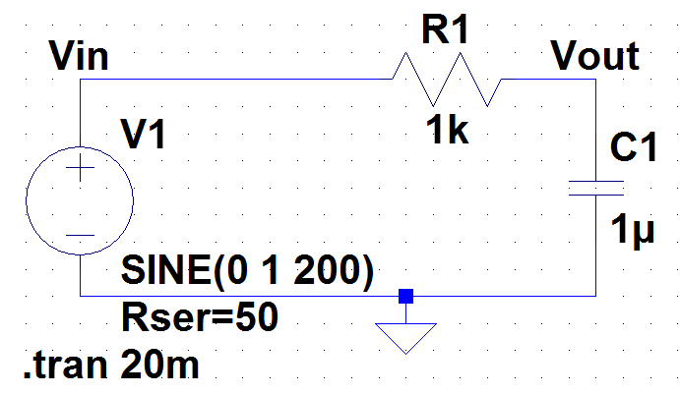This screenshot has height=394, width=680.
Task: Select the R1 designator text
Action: click(x=446, y=30)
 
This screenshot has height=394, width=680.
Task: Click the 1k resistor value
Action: click(x=447, y=129)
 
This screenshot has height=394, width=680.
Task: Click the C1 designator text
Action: click(x=633, y=149)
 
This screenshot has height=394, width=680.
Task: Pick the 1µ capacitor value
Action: click(x=632, y=233)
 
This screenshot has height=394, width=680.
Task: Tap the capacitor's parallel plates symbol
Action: click(x=596, y=188)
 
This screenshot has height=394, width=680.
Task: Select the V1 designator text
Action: click(x=144, y=135)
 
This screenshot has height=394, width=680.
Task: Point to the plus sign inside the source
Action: click(x=79, y=170)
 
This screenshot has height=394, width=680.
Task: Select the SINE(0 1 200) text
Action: click(x=246, y=271)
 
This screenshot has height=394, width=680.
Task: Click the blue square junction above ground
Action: click(x=404, y=295)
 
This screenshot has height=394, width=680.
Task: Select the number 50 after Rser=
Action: click(x=258, y=316)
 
